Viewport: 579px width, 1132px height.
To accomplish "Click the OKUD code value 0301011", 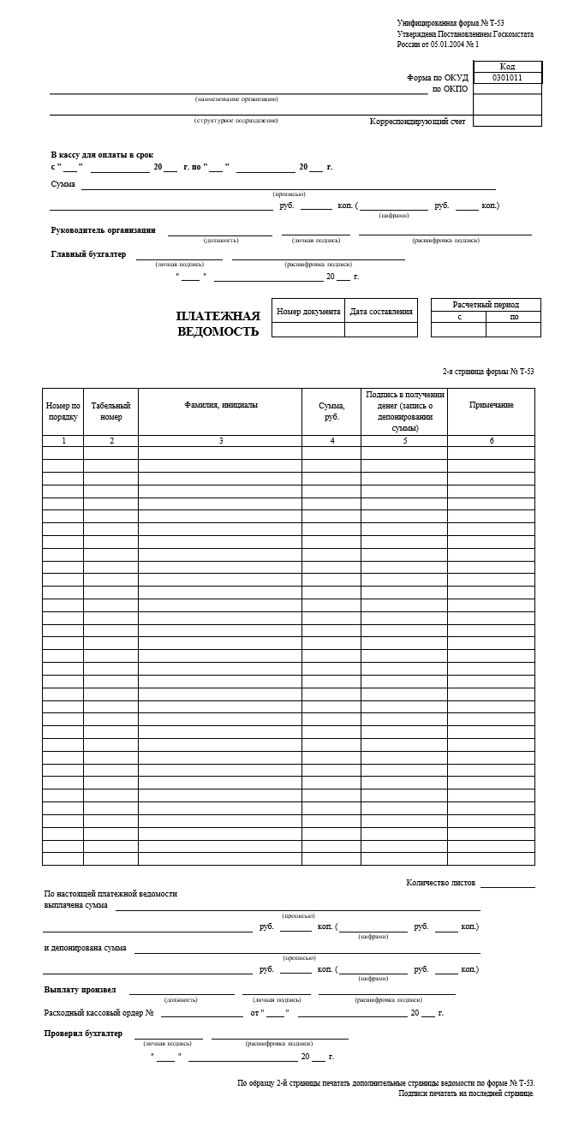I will point(506,78).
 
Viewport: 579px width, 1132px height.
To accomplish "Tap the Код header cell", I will point(506,67).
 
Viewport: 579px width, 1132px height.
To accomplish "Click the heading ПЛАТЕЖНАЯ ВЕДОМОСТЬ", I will point(218,324).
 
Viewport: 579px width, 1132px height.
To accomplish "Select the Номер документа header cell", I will point(308,312).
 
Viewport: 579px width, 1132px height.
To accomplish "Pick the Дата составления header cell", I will point(381,312).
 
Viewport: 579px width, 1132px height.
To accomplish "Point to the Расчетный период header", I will point(486,305).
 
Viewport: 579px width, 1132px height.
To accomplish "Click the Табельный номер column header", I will point(110,411).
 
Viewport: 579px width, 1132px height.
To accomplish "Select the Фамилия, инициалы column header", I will point(220,405).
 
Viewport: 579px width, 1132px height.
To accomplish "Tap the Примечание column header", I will point(491,405).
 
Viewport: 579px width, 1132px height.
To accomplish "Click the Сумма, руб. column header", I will point(331,411).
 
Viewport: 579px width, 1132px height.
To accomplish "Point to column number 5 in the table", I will point(404,441).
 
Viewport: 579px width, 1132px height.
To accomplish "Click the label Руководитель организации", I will point(104,229).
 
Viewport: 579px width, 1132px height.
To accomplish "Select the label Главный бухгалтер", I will point(88,254).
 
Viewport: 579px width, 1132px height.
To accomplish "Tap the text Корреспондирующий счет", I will point(417,122).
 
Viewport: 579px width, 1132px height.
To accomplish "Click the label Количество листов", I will point(440,882).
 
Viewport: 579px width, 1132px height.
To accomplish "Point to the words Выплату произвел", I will point(80,990).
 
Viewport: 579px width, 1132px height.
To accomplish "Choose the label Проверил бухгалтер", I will point(83,1034).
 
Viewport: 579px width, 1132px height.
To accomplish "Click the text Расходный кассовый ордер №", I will point(98,1013).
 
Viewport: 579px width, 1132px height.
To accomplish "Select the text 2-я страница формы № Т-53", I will point(487,371).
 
